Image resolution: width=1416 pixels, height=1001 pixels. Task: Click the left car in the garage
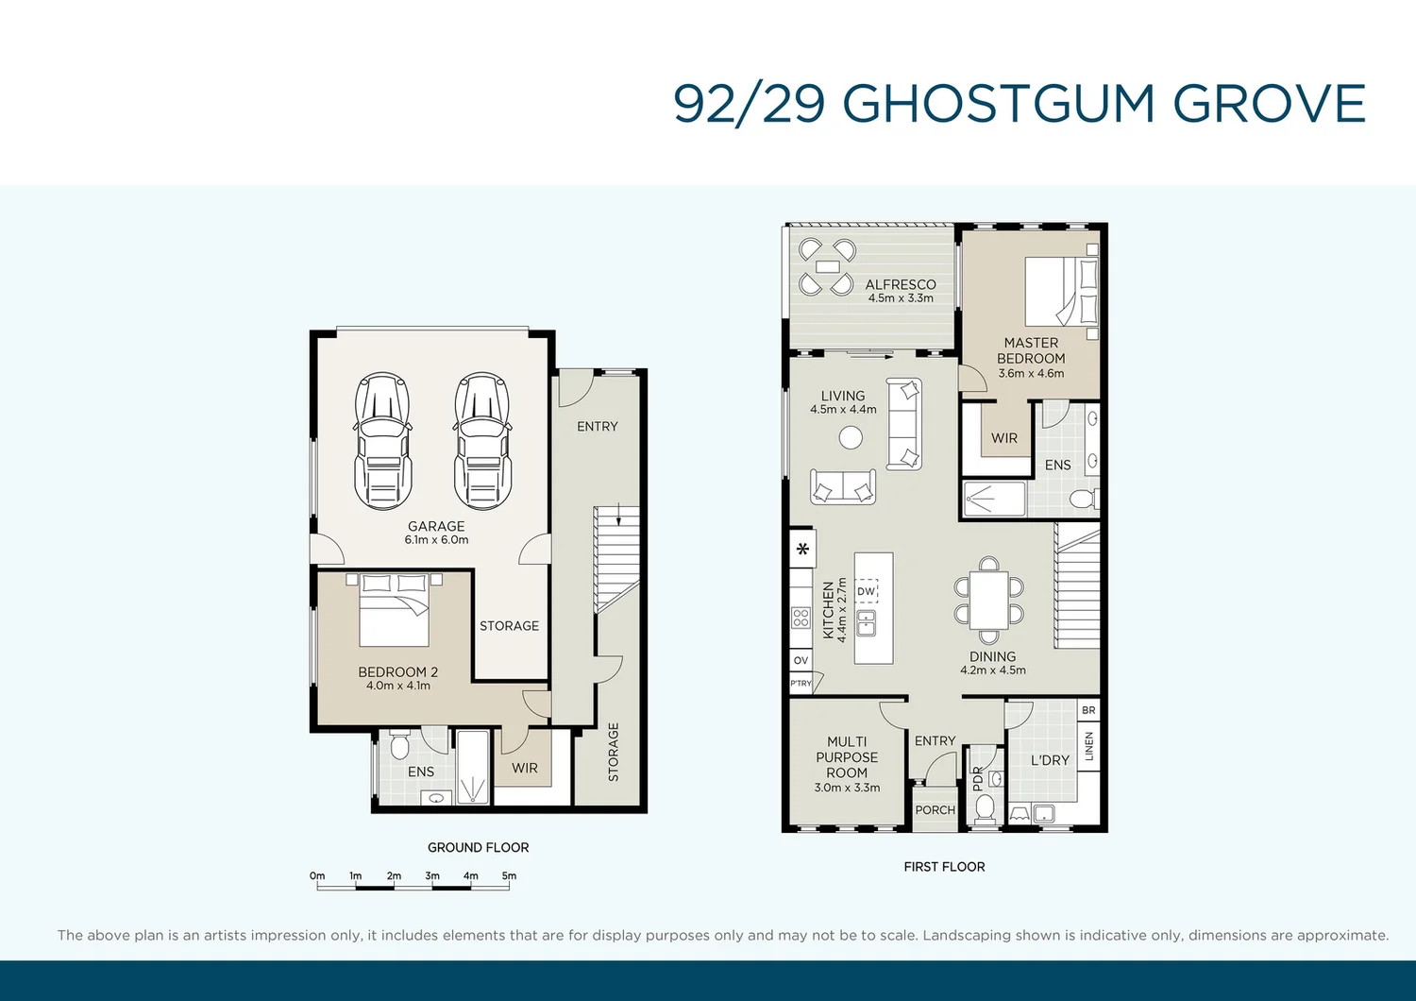[382, 441]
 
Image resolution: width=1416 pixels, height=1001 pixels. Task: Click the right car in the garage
[481, 441]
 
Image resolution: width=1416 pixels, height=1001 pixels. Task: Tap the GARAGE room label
[436, 526]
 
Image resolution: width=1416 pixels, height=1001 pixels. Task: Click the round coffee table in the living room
[851, 437]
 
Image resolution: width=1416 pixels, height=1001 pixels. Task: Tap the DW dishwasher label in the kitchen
[866, 592]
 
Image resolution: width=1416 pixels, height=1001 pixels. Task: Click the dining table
[988, 600]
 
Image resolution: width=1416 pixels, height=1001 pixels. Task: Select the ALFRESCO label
[901, 284]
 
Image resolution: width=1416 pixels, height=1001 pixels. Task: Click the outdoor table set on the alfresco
[826, 267]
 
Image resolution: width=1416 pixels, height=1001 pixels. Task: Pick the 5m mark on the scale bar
[509, 876]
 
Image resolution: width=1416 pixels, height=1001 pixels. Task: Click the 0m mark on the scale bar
[317, 876]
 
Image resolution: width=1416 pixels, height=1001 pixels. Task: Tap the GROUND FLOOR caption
[478, 847]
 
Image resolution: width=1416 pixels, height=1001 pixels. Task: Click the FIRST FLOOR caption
[944, 866]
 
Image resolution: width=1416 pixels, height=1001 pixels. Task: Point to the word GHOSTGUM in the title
[998, 104]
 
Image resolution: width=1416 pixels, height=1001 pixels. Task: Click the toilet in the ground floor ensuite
[399, 746]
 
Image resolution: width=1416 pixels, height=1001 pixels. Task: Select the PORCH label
[935, 810]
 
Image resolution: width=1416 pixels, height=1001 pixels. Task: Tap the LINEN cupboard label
[1088, 746]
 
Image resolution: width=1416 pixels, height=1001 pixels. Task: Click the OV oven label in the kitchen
[801, 660]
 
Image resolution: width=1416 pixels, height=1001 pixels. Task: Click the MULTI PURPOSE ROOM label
[847, 757]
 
